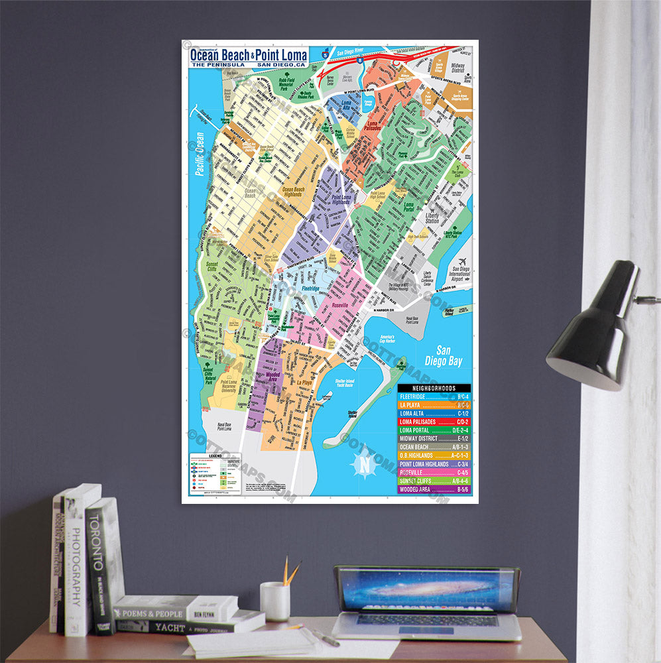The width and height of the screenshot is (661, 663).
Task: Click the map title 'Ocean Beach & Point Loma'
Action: coord(249,56)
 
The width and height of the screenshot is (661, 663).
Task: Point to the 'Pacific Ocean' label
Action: coord(198,154)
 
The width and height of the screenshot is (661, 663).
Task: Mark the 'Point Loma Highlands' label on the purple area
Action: coord(342,198)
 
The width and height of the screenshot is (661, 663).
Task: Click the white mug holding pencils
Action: coord(274,601)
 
